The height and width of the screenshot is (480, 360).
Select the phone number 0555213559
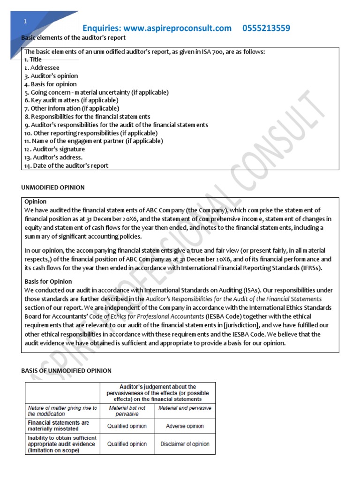coord(266,28)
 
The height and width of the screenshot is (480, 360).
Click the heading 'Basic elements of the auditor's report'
coord(74,37)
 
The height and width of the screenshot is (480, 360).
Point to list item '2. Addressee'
coord(42,67)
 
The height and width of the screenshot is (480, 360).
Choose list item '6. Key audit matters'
coord(71,100)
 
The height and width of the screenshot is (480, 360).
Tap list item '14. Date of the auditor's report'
coord(66,165)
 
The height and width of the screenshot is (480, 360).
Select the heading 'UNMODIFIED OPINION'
coord(53,187)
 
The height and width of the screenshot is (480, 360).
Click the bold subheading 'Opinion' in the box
coord(35,202)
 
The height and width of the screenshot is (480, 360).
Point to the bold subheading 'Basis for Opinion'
coord(48,282)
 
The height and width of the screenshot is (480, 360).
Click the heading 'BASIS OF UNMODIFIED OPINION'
coord(67,371)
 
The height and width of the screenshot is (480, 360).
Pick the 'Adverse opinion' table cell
coord(185,426)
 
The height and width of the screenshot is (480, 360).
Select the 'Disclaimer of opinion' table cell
coord(185,444)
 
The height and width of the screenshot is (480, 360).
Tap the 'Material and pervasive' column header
coord(185,408)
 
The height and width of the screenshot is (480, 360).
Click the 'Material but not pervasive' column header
coord(127,411)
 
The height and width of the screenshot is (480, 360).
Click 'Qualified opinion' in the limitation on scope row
coord(127,444)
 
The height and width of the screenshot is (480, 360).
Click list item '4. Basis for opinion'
coord(51,84)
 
